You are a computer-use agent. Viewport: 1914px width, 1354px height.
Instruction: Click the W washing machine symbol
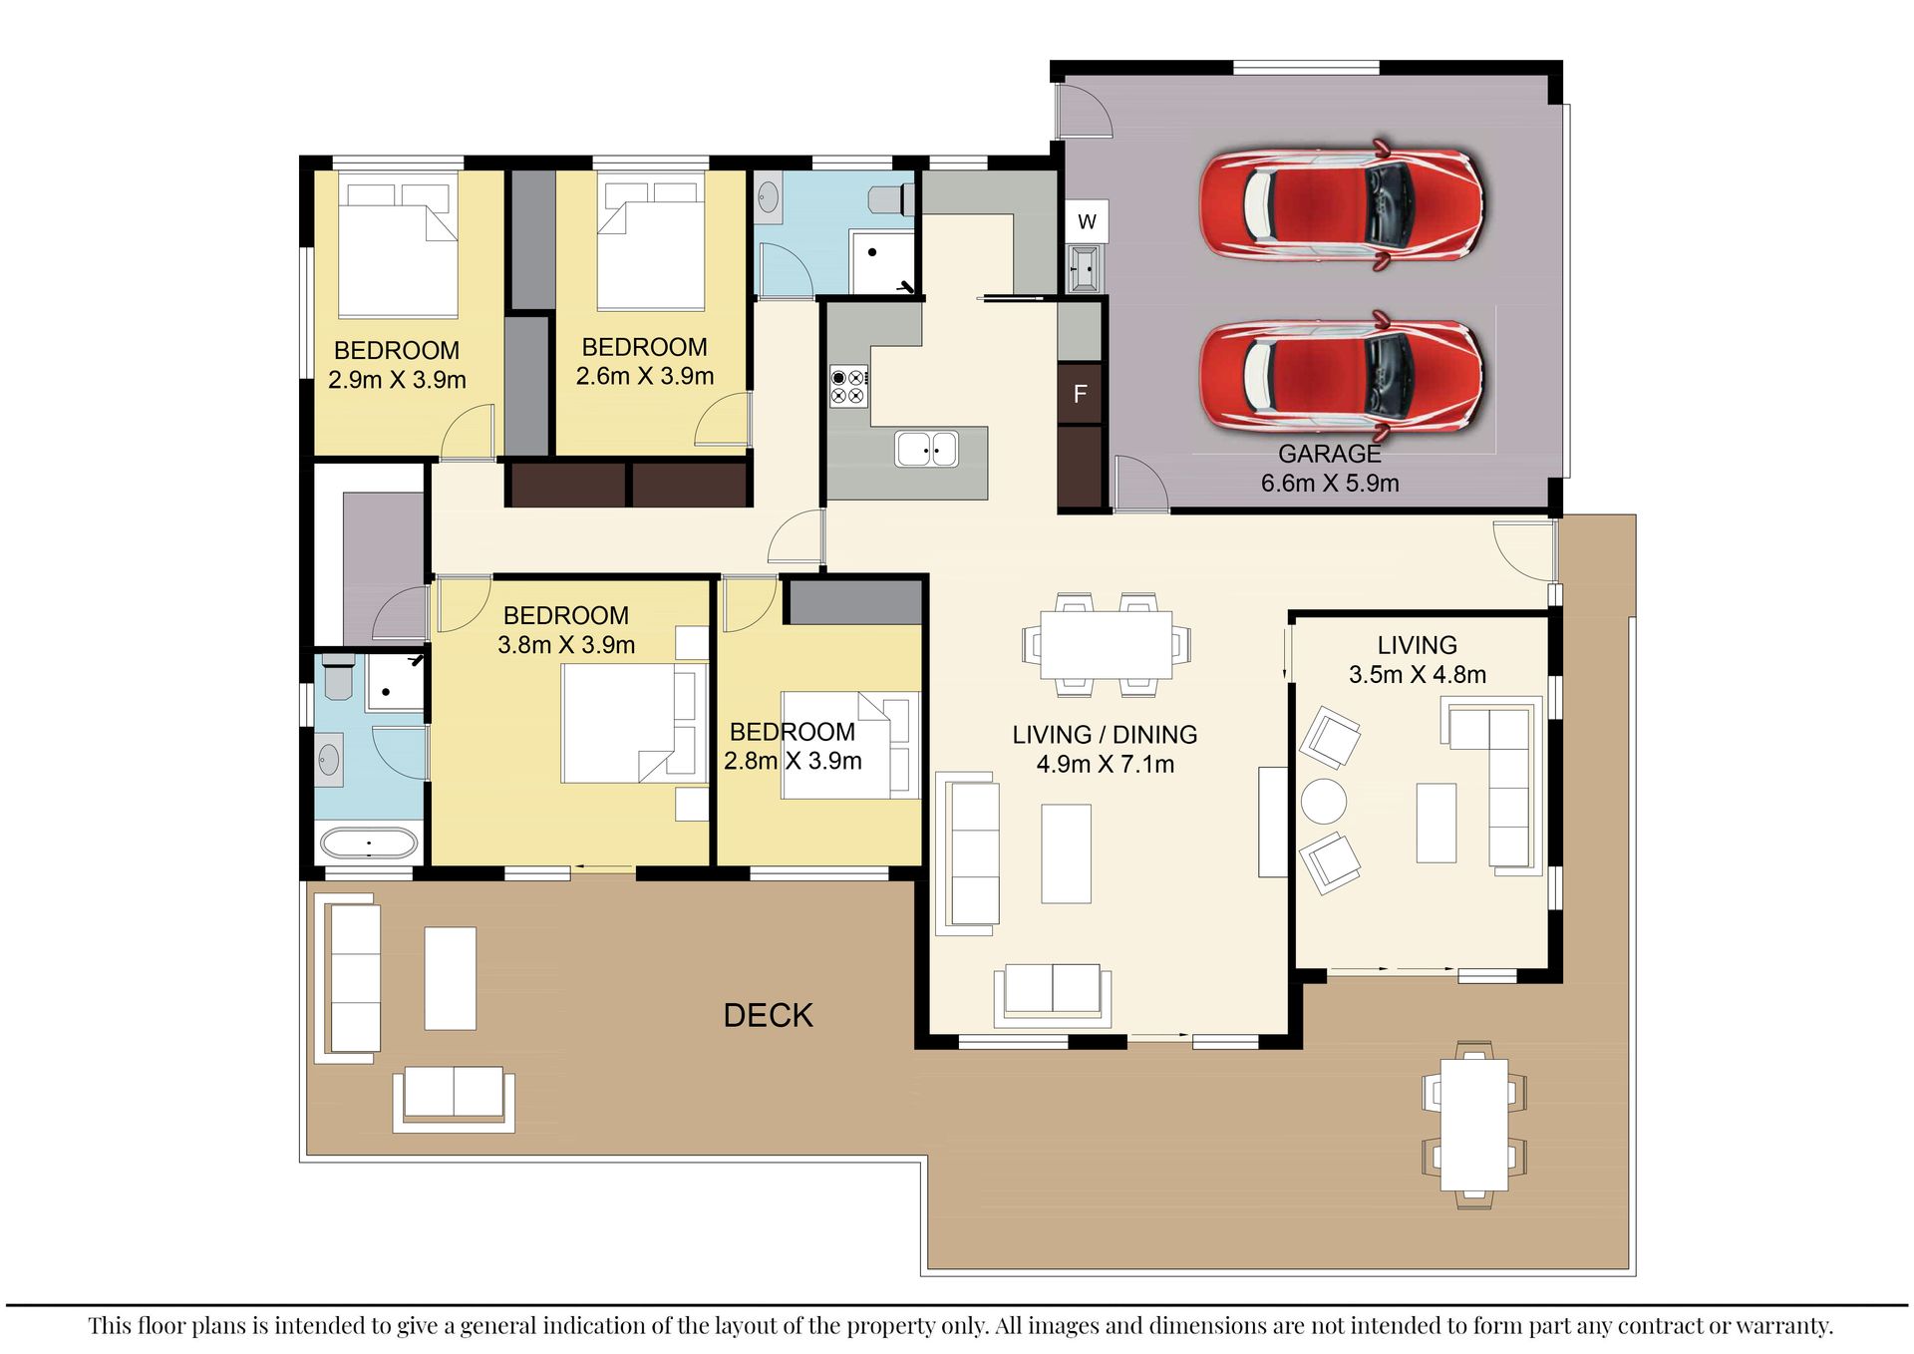(1087, 221)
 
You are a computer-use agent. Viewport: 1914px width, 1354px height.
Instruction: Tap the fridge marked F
(1080, 394)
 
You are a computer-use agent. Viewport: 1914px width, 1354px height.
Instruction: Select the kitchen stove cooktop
(849, 387)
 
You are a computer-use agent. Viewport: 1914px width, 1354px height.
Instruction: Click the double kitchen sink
(926, 450)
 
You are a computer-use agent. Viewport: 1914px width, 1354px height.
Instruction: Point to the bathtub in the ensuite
(368, 844)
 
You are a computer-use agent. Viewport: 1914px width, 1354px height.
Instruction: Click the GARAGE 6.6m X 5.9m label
(1330, 469)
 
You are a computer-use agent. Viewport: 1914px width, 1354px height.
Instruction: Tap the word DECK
(768, 1015)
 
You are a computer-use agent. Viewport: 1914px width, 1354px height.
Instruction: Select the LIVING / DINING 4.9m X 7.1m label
(1105, 749)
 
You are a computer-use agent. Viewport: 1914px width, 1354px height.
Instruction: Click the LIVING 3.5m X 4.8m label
(1417, 660)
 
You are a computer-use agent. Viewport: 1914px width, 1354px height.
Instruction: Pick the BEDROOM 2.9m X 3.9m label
(397, 365)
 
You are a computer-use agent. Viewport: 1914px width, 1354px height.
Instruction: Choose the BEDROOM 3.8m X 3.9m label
(565, 630)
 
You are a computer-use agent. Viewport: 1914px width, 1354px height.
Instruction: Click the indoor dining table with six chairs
(1106, 644)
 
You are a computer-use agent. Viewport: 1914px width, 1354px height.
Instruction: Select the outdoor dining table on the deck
(1473, 1125)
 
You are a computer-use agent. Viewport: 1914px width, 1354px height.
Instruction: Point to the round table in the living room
(1324, 801)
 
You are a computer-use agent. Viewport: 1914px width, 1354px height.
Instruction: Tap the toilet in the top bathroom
(890, 199)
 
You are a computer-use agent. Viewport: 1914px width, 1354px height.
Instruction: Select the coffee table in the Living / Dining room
(1066, 853)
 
